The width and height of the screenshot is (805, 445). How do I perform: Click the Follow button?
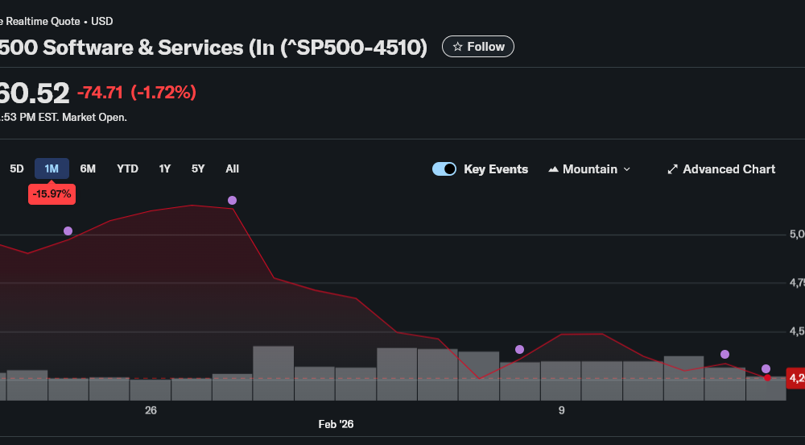[x=478, y=47]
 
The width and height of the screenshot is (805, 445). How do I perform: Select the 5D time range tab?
[x=17, y=168]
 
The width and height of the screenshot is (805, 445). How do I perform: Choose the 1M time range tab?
[x=52, y=168]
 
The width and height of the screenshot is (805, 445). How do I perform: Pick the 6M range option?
[x=88, y=168]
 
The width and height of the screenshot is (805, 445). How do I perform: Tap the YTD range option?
[x=127, y=168]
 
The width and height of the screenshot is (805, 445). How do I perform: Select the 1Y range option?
[x=164, y=168]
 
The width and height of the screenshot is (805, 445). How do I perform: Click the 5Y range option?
[x=198, y=168]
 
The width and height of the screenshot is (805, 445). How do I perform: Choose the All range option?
[x=232, y=168]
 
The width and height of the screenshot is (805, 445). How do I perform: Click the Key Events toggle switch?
[x=444, y=169]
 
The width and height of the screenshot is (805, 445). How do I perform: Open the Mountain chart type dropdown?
[x=589, y=169]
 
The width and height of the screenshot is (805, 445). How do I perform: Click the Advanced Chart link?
[x=720, y=169]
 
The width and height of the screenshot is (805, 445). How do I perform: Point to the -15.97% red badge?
[x=52, y=194]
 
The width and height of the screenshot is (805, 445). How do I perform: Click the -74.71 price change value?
[x=100, y=93]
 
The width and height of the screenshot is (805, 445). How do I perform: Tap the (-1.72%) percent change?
[x=163, y=93]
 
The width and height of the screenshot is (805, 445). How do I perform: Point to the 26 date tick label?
[x=151, y=410]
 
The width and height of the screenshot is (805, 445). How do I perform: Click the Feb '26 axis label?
[x=336, y=424]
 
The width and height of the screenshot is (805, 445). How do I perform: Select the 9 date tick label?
[x=562, y=410]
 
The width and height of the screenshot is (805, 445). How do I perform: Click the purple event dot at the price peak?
[x=232, y=200]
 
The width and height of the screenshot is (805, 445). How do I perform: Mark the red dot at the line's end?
[x=767, y=377]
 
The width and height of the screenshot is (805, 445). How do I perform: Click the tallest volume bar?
[x=273, y=372]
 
